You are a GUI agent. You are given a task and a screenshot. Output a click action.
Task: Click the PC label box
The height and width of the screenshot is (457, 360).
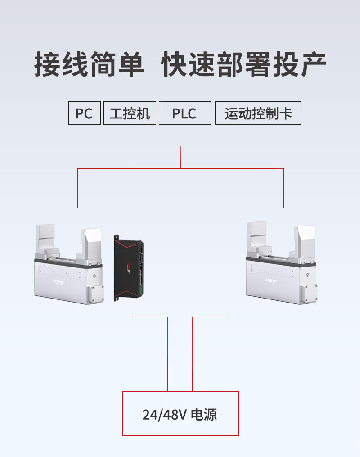click(84, 113)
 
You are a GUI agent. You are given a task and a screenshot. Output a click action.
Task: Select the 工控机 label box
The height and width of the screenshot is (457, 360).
click(130, 113)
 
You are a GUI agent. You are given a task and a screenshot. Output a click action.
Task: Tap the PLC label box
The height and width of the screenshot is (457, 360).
click(184, 113)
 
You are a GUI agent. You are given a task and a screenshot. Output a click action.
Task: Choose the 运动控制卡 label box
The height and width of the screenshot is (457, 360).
click(258, 113)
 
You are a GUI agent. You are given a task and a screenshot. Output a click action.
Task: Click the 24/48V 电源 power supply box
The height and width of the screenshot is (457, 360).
click(180, 414)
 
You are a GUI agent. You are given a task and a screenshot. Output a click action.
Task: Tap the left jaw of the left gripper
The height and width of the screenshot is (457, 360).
click(45, 239)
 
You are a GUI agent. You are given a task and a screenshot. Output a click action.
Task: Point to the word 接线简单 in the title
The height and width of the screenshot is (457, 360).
click(89, 64)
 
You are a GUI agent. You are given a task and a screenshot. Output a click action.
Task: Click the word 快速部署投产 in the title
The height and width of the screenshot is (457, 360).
click(244, 64)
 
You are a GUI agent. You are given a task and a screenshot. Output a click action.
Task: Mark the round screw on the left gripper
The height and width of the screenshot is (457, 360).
click(94, 276)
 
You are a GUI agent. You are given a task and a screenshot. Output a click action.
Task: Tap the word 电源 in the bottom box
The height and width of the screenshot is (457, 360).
click(204, 414)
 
